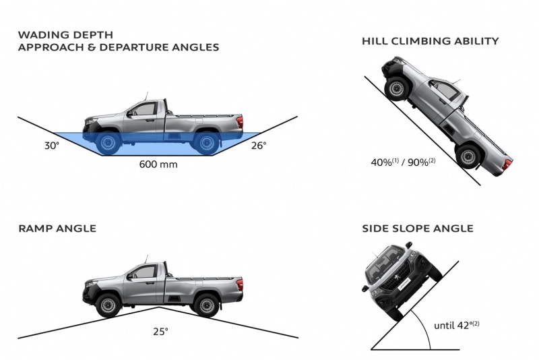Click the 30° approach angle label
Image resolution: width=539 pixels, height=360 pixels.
[x=52, y=145]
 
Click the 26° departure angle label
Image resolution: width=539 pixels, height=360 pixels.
[x=259, y=145]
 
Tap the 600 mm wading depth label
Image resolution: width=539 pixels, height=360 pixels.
[x=158, y=164]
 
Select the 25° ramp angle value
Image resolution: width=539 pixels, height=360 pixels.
[x=159, y=332]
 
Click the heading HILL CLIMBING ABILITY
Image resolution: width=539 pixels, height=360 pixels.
[x=431, y=41]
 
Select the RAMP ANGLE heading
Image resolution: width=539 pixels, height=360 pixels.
[x=57, y=229]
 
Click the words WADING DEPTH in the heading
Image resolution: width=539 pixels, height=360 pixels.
[x=66, y=34]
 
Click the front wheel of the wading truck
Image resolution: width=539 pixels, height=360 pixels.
[x=108, y=142]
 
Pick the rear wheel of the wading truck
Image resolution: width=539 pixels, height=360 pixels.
[x=205, y=142]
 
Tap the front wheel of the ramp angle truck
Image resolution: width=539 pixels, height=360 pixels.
[x=108, y=305]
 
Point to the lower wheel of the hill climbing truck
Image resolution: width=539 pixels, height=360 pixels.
[x=466, y=157]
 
